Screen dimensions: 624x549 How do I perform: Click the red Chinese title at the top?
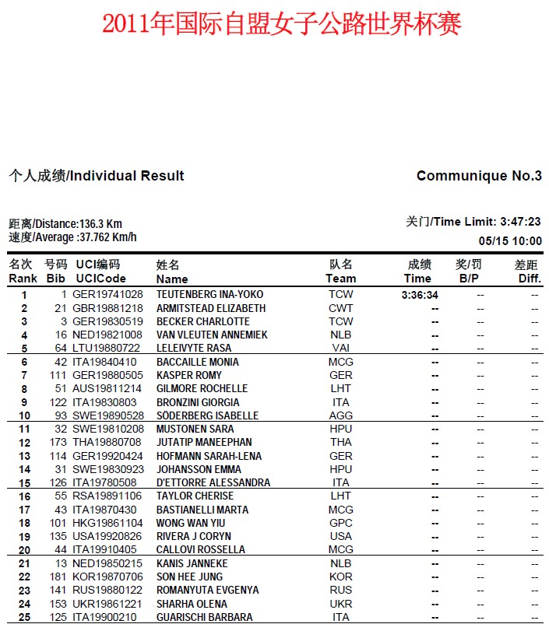[x=282, y=23]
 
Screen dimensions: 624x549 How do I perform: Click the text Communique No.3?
[x=479, y=176]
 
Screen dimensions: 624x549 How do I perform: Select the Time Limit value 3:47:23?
[x=520, y=222]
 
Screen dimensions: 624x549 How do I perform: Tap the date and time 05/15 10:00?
[x=510, y=241]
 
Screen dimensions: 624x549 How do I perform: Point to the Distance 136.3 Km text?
[x=65, y=224]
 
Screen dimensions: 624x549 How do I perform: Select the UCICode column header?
[x=100, y=279]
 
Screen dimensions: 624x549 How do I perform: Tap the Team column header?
[x=340, y=279]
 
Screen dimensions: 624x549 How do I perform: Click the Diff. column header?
[x=530, y=279]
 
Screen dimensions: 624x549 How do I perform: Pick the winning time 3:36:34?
[x=420, y=295]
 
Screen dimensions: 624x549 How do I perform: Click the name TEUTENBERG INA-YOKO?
[x=209, y=295]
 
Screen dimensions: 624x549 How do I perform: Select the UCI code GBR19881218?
[x=108, y=308]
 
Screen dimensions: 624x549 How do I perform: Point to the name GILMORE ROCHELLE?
[x=202, y=388]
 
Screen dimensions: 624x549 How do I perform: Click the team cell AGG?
[x=340, y=415]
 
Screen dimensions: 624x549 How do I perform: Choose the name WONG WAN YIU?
[x=191, y=523]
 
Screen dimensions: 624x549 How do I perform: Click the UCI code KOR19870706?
[x=108, y=577]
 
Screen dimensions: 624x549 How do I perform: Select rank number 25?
[x=24, y=617]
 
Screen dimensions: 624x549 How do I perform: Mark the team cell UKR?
[x=340, y=604]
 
